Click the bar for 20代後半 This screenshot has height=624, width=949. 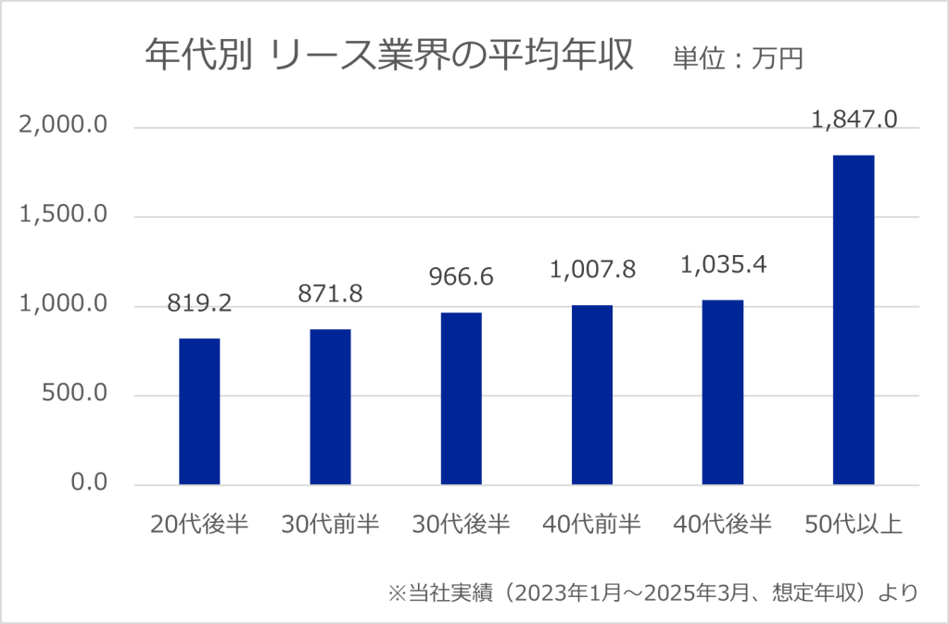click(199, 412)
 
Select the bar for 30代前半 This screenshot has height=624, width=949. click(330, 407)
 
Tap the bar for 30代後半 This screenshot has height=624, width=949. click(461, 399)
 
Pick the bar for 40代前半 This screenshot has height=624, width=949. click(592, 395)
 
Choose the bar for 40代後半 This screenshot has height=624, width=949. click(723, 392)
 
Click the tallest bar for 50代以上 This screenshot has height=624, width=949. click(854, 320)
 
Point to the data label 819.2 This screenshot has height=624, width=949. click(199, 302)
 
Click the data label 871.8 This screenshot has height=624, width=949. click(330, 293)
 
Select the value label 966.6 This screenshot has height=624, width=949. click(461, 276)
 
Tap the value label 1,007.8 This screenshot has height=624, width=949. click(592, 269)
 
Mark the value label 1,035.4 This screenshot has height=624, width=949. click(723, 264)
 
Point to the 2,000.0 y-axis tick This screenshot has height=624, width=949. click(64, 126)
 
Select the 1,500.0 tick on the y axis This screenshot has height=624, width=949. click(64, 216)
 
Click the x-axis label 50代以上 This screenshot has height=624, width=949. click(854, 526)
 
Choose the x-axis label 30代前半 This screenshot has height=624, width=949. click(330, 526)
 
